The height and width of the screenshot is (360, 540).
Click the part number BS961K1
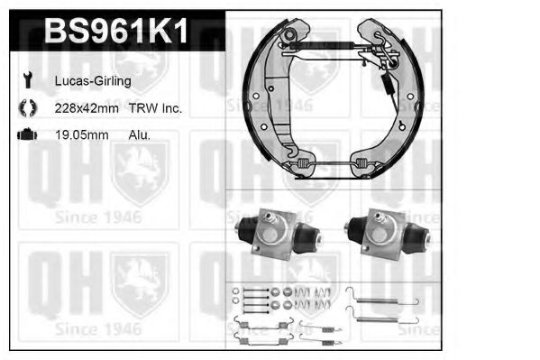click(116, 31)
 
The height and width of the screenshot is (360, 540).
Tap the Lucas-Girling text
click(93, 81)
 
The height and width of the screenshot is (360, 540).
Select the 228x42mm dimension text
click(87, 108)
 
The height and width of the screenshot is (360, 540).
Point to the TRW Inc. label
click(155, 108)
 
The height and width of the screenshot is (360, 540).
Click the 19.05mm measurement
click(82, 134)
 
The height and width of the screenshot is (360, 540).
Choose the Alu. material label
click(140, 134)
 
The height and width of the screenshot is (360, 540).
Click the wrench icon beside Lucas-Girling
click(27, 80)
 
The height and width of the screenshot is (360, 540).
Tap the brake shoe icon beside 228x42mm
click(28, 107)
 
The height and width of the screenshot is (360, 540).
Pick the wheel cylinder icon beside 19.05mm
click(27, 134)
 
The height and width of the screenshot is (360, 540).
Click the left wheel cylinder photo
click(279, 235)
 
